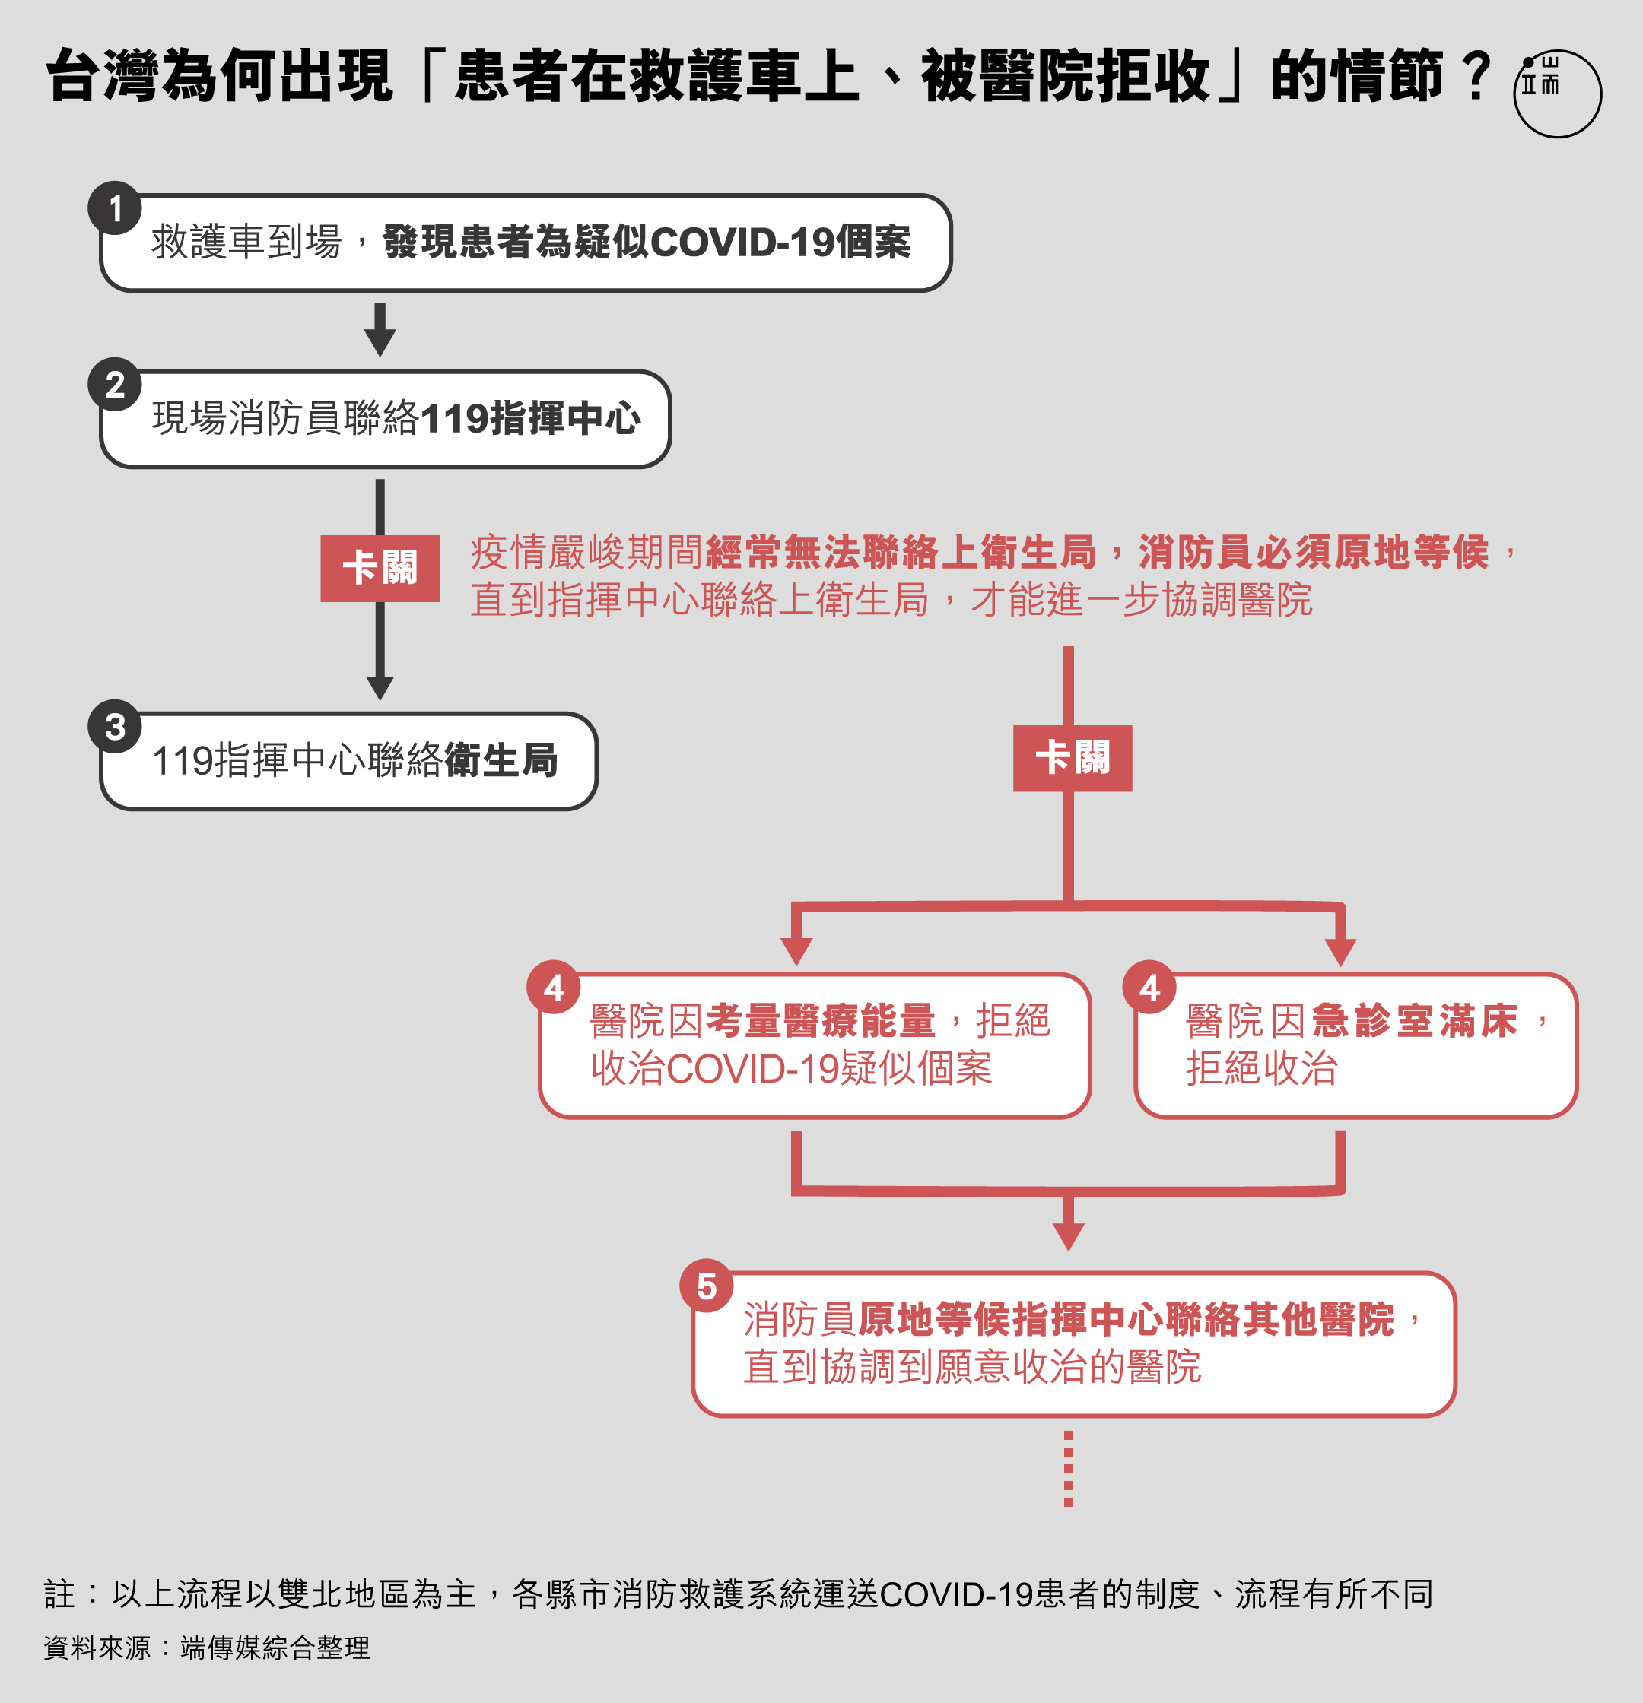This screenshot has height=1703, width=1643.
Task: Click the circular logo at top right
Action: (x=1557, y=93)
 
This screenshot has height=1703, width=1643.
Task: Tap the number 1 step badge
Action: (x=115, y=208)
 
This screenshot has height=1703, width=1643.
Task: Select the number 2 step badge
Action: (x=115, y=384)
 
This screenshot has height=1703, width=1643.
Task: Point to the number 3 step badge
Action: (x=115, y=726)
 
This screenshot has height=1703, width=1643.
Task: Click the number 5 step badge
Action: (x=707, y=1285)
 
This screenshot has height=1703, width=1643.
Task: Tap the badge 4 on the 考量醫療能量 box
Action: (x=554, y=987)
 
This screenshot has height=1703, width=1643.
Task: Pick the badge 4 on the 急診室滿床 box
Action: (x=1149, y=987)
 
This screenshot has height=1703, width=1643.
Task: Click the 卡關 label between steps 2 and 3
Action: (x=380, y=568)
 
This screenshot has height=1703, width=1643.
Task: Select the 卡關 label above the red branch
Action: (x=1073, y=758)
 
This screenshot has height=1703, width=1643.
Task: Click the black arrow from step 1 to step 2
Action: (x=380, y=329)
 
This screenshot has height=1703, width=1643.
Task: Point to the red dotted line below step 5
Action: (x=1069, y=1468)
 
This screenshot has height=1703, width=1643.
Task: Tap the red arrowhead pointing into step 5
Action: (x=1069, y=1236)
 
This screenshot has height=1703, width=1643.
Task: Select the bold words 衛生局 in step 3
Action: (x=501, y=760)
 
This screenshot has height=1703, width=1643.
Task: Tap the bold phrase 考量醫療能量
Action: (x=821, y=1020)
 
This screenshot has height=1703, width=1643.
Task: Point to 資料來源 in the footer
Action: (x=97, y=1648)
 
